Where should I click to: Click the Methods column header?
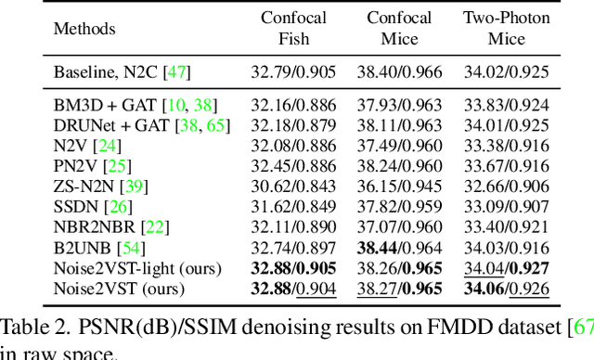(x=85, y=29)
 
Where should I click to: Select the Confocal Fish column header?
(x=293, y=29)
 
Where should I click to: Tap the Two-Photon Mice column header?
(x=507, y=29)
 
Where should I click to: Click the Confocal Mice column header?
(x=399, y=29)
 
